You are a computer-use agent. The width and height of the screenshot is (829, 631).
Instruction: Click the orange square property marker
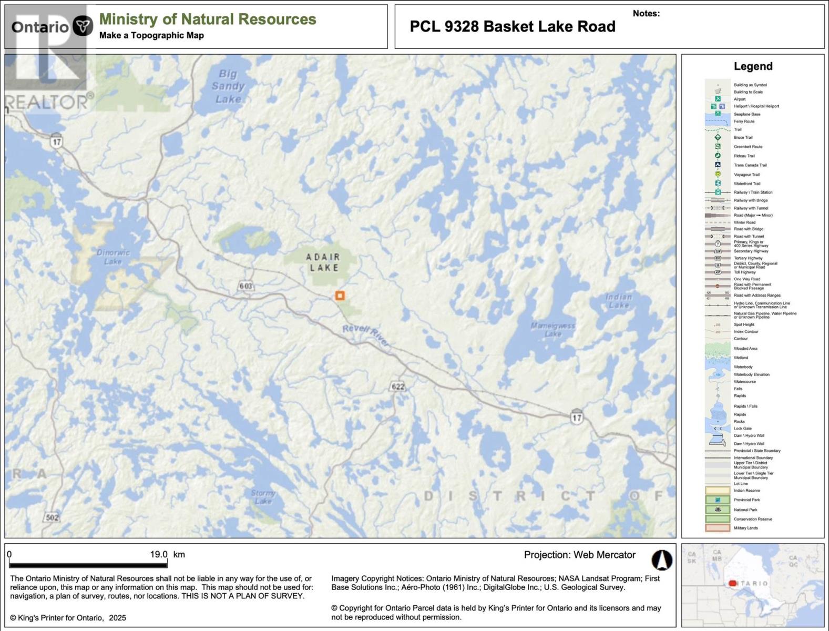pyautogui.click(x=340, y=296)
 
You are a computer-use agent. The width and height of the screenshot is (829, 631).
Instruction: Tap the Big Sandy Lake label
pyautogui.click(x=228, y=86)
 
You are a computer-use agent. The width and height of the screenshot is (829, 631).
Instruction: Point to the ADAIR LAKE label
pyautogui.click(x=323, y=262)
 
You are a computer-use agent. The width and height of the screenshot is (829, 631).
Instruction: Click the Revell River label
pyautogui.click(x=366, y=335)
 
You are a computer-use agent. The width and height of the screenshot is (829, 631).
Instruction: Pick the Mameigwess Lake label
pyautogui.click(x=552, y=330)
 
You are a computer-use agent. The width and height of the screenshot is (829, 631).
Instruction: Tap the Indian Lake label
pyautogui.click(x=619, y=301)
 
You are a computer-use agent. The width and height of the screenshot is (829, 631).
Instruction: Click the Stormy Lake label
pyautogui.click(x=263, y=496)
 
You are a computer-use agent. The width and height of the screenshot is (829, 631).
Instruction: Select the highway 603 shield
pyautogui.click(x=245, y=286)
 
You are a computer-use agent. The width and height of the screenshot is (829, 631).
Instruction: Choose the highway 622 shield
pyautogui.click(x=398, y=387)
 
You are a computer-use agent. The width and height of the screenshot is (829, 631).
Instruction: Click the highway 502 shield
pyautogui.click(x=52, y=517)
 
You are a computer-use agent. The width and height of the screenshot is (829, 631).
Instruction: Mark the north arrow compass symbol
pyautogui.click(x=662, y=560)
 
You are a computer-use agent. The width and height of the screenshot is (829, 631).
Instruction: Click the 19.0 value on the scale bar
pyautogui.click(x=159, y=554)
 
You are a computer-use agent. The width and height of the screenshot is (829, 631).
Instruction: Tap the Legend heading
pyautogui.click(x=753, y=66)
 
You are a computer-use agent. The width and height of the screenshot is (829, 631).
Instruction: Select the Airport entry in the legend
pyautogui.click(x=740, y=99)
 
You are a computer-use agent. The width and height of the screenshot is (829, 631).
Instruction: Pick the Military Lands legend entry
pyautogui.click(x=745, y=528)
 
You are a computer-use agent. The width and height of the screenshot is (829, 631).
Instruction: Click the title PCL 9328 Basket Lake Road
pyautogui.click(x=513, y=27)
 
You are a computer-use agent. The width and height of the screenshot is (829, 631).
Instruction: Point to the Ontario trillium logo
pyautogui.click(x=83, y=26)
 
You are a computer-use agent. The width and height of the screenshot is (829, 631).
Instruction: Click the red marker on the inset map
pyautogui.click(x=732, y=584)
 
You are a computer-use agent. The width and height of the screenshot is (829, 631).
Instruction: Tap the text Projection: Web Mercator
pyautogui.click(x=579, y=555)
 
